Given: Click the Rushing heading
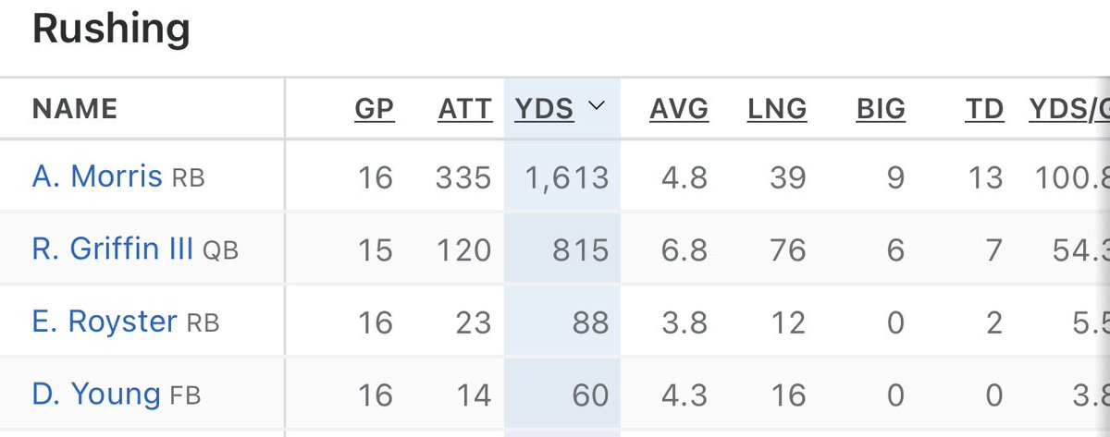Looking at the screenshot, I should (111, 30).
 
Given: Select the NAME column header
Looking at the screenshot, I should (75, 109).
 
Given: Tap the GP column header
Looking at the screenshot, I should (374, 109).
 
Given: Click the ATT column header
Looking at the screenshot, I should (464, 109).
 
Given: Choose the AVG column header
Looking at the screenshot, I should (679, 109).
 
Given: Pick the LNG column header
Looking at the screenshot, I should (777, 109).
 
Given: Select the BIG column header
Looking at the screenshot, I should (881, 109).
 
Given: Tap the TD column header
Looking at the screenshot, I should (984, 109).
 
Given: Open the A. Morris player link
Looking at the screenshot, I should (97, 176).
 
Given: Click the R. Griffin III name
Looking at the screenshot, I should (113, 249).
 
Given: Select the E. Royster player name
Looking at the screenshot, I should (105, 322).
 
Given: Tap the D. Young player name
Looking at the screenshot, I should (96, 395).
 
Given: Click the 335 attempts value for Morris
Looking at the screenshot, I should (463, 176).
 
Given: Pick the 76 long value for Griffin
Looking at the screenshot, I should (787, 249).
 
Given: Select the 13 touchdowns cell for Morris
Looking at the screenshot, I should (984, 176).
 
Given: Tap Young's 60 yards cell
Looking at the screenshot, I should (590, 395).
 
